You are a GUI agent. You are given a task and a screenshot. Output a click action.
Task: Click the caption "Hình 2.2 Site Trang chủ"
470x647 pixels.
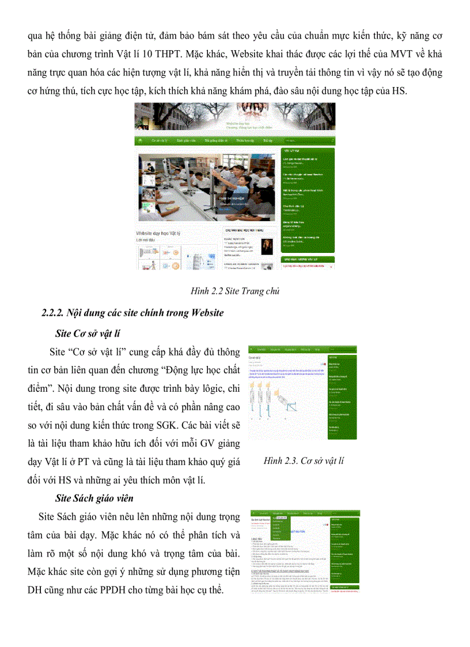[234, 292]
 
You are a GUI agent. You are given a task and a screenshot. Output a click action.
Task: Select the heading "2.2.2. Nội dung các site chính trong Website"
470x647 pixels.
[132, 313]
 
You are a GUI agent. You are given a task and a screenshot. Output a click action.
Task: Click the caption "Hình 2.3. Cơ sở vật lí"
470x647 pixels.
[304, 460]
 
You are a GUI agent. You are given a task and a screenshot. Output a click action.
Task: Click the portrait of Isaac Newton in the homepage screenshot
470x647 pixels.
[267, 246]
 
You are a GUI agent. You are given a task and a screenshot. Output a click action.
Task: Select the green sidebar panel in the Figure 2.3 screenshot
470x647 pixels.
[342, 398]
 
